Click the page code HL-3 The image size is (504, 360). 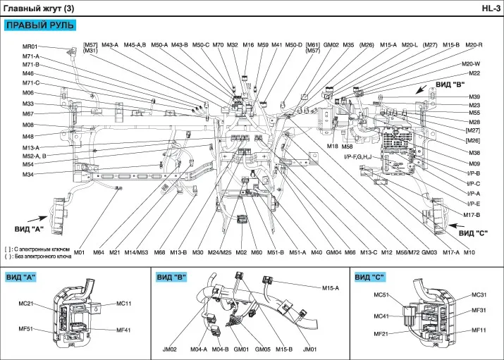coord(491,8)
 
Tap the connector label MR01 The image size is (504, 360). coord(30,46)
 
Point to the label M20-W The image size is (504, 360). coord(472,64)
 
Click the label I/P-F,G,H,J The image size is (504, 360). coord(357,156)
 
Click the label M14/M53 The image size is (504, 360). coord(137,252)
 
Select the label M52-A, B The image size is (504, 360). coord(34,156)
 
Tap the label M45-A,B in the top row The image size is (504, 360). coord(135,45)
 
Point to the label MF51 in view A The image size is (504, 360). coord(28,328)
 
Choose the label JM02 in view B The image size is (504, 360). coord(170,349)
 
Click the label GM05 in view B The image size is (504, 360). coord(262,349)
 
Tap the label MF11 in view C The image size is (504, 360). coord(479,330)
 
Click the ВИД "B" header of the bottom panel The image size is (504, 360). coord(171,277)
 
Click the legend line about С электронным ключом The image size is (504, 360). coord(46,249)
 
